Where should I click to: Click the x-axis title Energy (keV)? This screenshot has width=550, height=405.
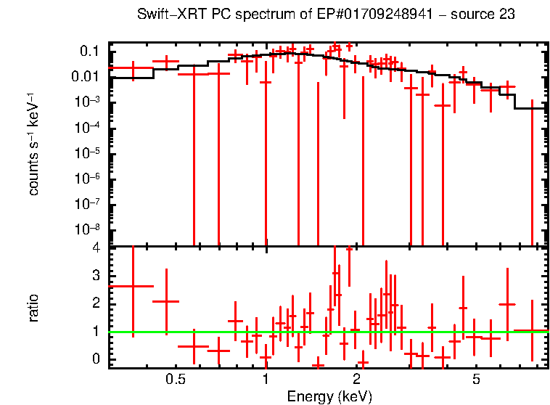[x=329, y=396]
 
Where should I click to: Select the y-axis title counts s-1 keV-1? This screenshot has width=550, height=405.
[x=33, y=144]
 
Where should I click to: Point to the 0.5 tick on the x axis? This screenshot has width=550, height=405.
[x=174, y=379]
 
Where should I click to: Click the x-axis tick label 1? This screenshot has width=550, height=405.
[x=266, y=379]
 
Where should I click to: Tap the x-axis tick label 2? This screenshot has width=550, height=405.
[x=356, y=379]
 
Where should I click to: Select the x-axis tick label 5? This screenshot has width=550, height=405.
[x=476, y=379]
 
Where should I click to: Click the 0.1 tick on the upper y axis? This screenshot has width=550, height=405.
[x=90, y=51]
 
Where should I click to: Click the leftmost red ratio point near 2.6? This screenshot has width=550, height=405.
[x=131, y=286]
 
